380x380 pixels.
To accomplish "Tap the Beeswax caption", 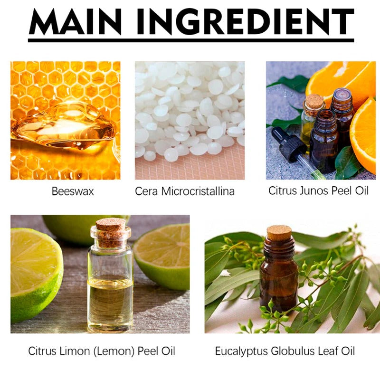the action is [x=73, y=191].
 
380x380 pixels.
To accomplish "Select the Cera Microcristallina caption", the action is [x=185, y=191].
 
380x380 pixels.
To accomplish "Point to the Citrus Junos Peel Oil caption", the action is [x=318, y=190].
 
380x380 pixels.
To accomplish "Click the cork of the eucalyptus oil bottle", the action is [x=279, y=233].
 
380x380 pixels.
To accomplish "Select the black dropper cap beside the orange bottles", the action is [x=288, y=144].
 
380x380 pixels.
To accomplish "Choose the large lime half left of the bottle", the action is [x=36, y=275].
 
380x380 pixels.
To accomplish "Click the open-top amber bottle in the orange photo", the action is [x=324, y=141].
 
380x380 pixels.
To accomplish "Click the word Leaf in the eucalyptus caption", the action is [x=327, y=351].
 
